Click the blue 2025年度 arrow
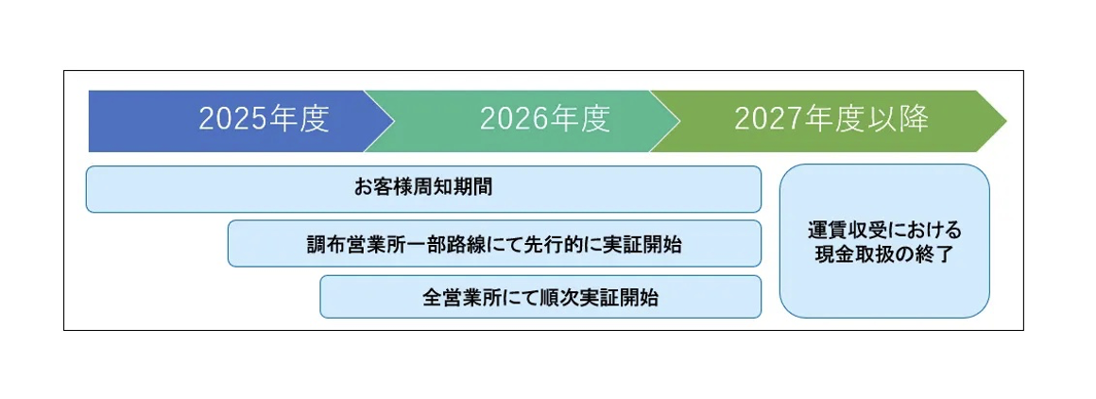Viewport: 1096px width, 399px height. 227,120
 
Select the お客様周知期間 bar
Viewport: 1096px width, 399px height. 423,189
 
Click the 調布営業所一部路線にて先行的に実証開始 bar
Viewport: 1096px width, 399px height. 494,244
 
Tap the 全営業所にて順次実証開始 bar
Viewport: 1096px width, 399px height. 539,297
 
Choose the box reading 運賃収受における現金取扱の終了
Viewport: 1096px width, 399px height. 884,241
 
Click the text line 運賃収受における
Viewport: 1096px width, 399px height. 884,230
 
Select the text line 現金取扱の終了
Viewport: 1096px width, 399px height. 884,253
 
